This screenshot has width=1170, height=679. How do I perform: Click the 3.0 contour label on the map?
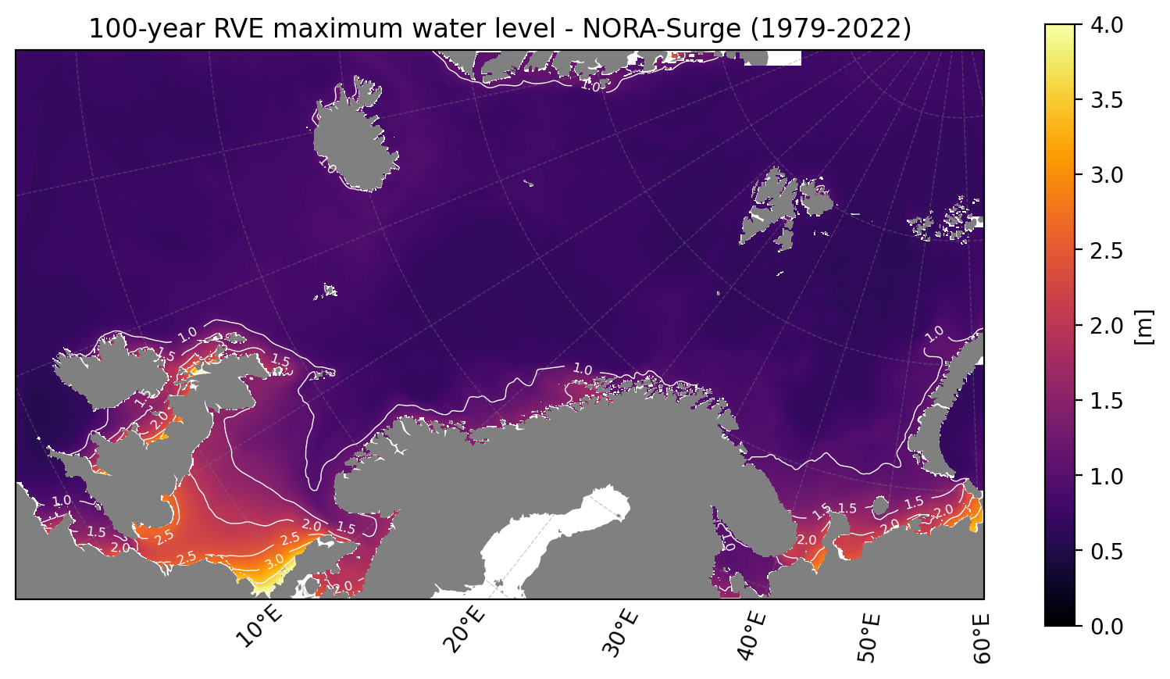[275, 562]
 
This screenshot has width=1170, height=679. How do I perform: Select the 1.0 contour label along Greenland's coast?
[591, 86]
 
